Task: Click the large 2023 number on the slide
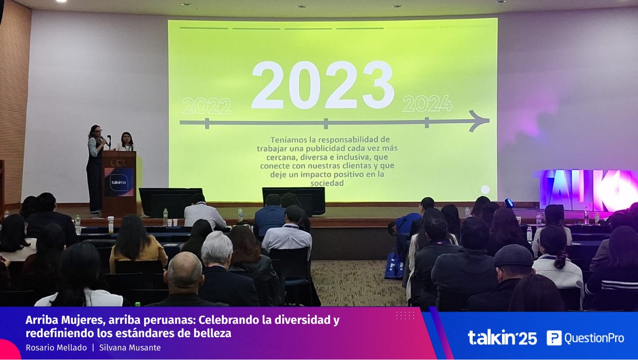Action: click(x=322, y=85)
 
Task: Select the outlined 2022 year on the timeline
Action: click(x=206, y=106)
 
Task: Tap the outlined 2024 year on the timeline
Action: click(x=427, y=103)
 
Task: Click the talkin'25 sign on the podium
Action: click(x=119, y=181)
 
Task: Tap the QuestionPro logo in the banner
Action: click(x=585, y=338)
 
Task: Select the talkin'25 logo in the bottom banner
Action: click(x=502, y=338)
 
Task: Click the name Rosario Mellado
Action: click(x=56, y=348)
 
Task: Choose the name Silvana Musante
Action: click(x=130, y=348)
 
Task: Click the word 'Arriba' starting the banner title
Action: click(x=40, y=321)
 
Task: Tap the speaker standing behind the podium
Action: click(x=126, y=142)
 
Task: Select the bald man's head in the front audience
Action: click(x=184, y=270)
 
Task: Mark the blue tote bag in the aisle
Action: click(x=394, y=265)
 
